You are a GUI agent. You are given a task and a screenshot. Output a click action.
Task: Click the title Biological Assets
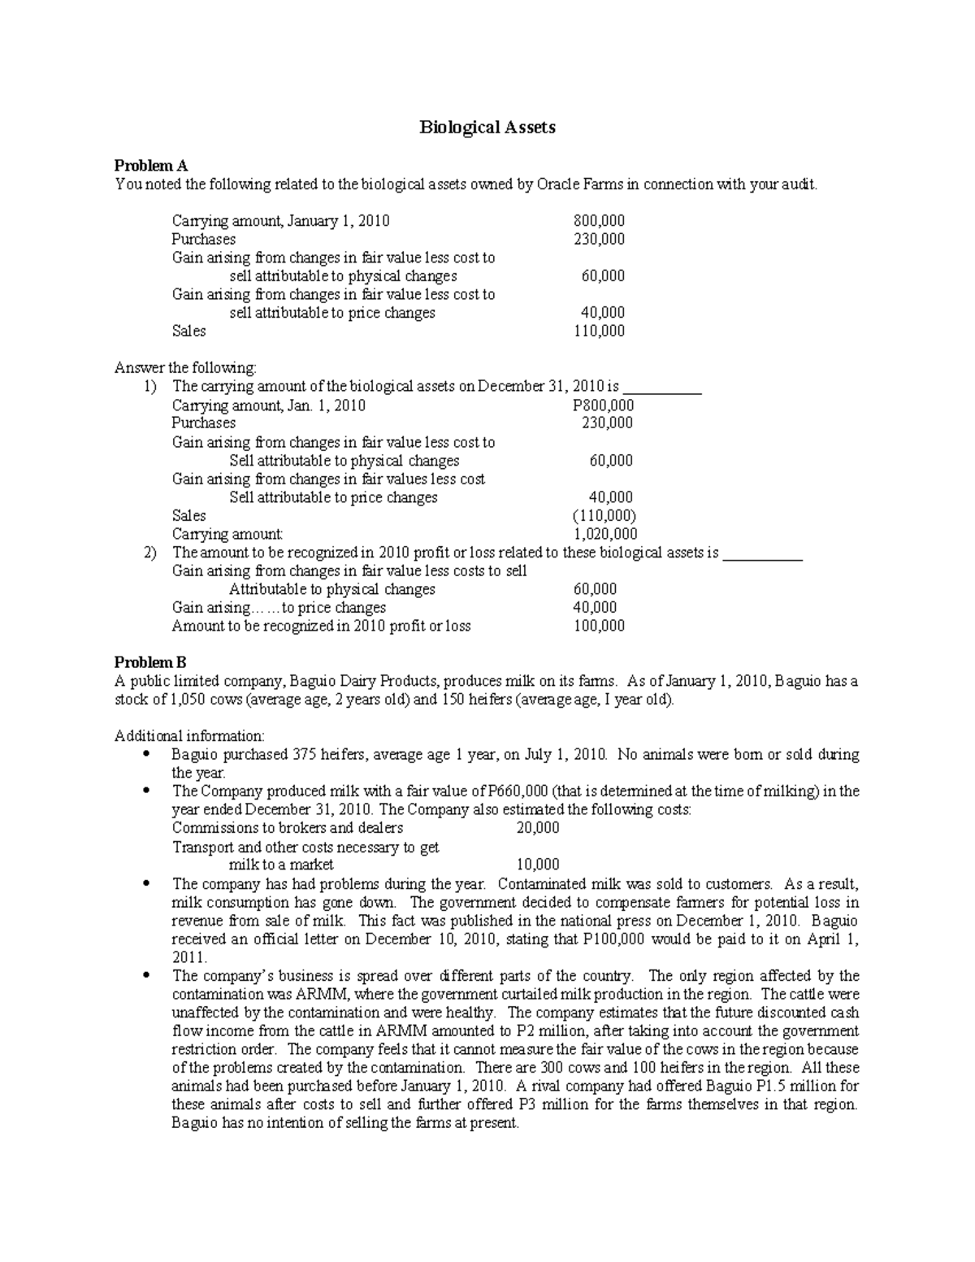point(487,128)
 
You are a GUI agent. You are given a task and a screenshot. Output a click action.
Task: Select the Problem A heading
point(151,166)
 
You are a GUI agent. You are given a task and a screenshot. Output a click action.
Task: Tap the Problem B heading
point(150,662)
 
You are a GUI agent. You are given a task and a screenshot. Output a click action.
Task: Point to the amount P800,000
point(604,405)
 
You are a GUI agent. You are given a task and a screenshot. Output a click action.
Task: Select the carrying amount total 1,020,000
point(605,534)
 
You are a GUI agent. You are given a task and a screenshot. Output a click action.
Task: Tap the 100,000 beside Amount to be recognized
point(599,626)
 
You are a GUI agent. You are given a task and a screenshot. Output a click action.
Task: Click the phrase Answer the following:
point(185,367)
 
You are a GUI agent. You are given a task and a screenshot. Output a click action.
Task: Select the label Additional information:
point(189,736)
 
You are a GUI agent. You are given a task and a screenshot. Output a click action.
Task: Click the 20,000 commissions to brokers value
point(537,827)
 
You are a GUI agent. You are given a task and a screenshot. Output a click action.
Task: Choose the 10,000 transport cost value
point(537,865)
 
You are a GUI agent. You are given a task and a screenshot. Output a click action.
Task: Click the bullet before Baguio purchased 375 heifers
point(146,754)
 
